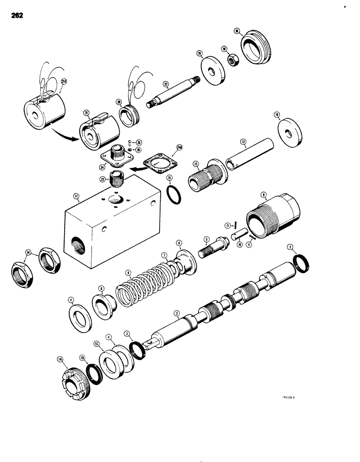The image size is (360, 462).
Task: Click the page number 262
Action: (15, 15)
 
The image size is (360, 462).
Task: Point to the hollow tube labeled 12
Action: (249, 157)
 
